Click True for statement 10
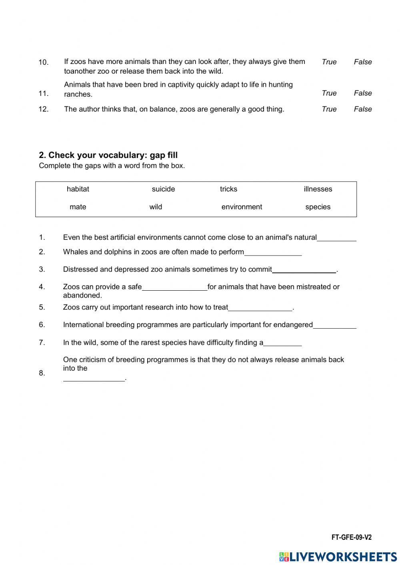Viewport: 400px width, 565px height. coord(329,62)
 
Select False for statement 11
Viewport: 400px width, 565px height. coord(362,93)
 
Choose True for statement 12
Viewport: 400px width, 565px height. coord(329,109)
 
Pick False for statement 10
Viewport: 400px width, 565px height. coord(362,62)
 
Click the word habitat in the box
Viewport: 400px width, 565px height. coord(78,189)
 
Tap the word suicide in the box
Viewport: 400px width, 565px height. coord(163,189)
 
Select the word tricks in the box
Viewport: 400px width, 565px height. coord(228,189)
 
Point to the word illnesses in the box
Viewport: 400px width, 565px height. coord(318,189)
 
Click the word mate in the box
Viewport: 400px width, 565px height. coord(78,207)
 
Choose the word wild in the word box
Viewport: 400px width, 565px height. coord(156,207)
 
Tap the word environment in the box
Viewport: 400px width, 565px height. coord(242,207)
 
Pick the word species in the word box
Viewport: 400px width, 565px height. coord(318,207)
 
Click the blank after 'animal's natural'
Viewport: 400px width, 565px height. coord(336,238)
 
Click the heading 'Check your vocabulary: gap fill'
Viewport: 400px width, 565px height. coord(108,155)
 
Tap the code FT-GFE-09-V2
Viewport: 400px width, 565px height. coord(351,537)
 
